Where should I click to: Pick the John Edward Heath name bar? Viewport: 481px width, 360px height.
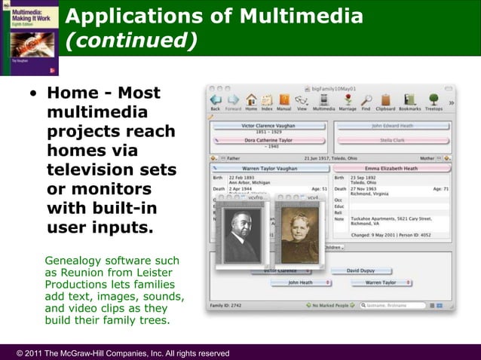pos(391,126)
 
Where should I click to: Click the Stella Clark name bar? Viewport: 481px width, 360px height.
pos(391,139)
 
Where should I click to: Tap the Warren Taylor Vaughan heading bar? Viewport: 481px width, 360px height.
pos(269,169)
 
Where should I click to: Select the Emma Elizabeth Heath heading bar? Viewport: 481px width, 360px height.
pos(391,169)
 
